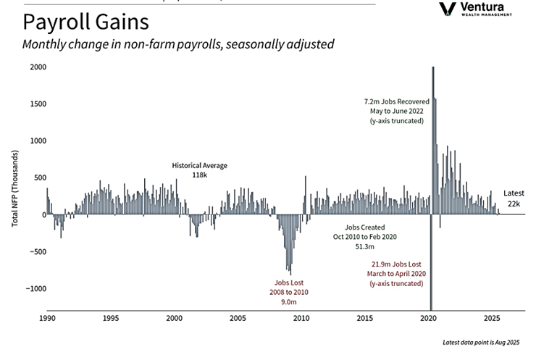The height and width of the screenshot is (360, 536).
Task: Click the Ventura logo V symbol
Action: point(448,9)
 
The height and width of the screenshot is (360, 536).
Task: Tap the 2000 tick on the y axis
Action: point(38,67)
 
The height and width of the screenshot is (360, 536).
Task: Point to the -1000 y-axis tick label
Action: point(33,288)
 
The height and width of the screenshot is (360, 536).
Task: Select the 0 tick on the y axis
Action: point(43,214)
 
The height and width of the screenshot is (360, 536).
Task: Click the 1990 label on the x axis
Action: point(48,317)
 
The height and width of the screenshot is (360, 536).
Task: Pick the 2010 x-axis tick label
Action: point(301,317)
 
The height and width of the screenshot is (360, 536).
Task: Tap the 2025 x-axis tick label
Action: point(491,317)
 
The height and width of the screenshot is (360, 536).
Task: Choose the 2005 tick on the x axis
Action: point(238,317)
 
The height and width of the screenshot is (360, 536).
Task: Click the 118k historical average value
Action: point(199,175)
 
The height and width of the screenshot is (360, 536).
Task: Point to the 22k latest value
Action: point(514,205)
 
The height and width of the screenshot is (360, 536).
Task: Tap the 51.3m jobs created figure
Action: point(364,247)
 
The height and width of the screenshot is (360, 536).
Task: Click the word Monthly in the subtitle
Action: point(46,45)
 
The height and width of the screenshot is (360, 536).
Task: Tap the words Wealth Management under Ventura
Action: point(486,14)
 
